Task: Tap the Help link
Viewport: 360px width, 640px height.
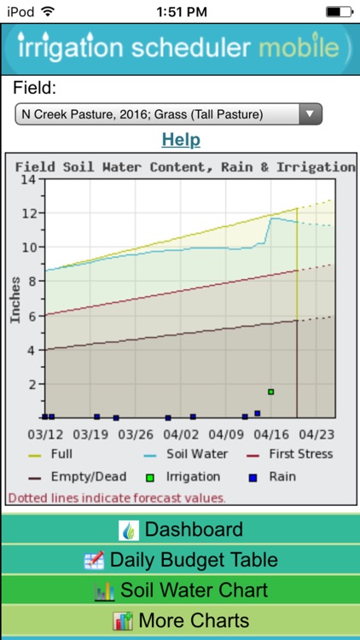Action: [x=180, y=139]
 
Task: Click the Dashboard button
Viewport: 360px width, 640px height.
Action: [x=180, y=529]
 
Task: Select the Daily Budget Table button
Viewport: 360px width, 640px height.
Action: [x=180, y=560]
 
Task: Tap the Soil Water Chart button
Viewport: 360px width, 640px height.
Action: [x=180, y=590]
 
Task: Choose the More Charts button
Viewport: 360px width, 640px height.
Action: [x=180, y=620]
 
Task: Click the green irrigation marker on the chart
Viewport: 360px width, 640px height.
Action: [x=270, y=392]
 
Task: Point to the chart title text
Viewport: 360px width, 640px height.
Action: [x=184, y=166]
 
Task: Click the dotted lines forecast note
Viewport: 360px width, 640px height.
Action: [x=117, y=497]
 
